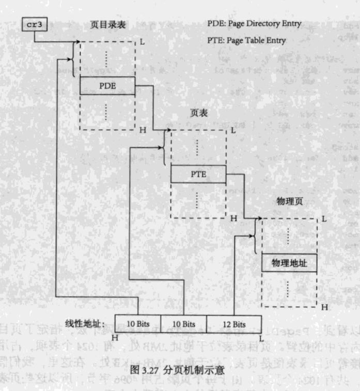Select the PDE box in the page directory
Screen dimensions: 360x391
click(107, 86)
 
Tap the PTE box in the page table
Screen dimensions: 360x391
click(198, 174)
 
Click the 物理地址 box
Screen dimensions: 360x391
click(289, 263)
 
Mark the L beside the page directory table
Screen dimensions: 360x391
click(143, 41)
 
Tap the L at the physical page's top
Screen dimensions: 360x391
click(324, 218)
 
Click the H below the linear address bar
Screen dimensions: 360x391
click(114, 337)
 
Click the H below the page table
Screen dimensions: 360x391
click(233, 218)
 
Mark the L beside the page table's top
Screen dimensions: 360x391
click(233, 130)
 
